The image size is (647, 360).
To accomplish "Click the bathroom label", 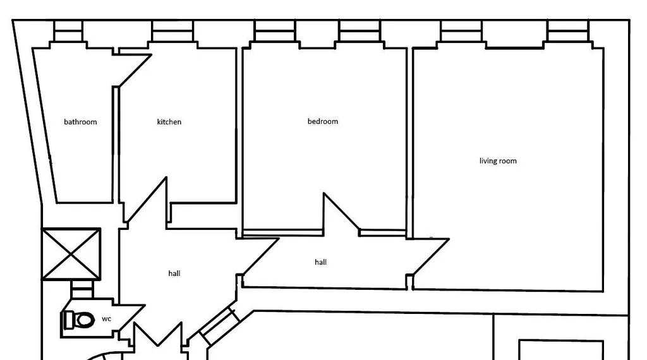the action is pos(80,122).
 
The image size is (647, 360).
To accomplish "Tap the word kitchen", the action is pos(169,122).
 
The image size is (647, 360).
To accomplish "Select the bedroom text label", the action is pos(323,121).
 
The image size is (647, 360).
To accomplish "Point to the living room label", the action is pos(498,161).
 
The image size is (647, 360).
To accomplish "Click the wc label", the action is pos(106,319).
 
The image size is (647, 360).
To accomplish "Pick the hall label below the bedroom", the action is pos(320,262).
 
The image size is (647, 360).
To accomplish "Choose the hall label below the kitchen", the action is pos(174,273).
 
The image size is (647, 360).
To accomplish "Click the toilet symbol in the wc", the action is pos(79,320).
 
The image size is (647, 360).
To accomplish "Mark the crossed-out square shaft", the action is pos(71,255).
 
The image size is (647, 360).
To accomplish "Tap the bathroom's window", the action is pos(68,31).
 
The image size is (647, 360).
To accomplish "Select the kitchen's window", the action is pos(172,31).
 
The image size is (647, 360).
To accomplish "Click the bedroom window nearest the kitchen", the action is pos(275,31).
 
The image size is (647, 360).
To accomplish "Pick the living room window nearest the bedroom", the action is pos(461,31).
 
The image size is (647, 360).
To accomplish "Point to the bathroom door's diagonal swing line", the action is pos(135,71).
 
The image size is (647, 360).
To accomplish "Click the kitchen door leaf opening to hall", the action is pos(147,200).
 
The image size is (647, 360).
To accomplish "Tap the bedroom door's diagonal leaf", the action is pos(342,211).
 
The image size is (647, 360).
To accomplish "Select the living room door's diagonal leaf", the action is pos(431,256).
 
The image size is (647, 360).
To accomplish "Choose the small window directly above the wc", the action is pos(83,289).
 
